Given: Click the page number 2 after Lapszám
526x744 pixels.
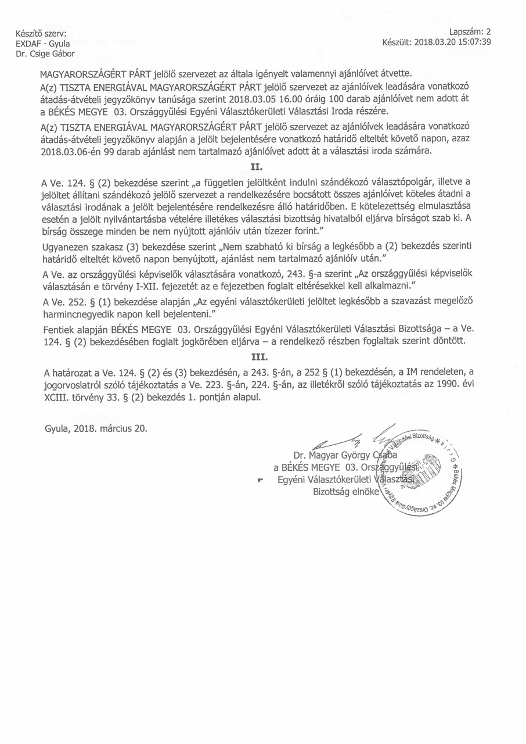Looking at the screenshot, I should pos(488,33).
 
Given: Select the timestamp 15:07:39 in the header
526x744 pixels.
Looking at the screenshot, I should pos(473,42).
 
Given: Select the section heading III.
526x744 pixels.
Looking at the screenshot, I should pos(262,356).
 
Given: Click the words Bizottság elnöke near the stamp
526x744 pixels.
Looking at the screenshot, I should pos(345,491).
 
